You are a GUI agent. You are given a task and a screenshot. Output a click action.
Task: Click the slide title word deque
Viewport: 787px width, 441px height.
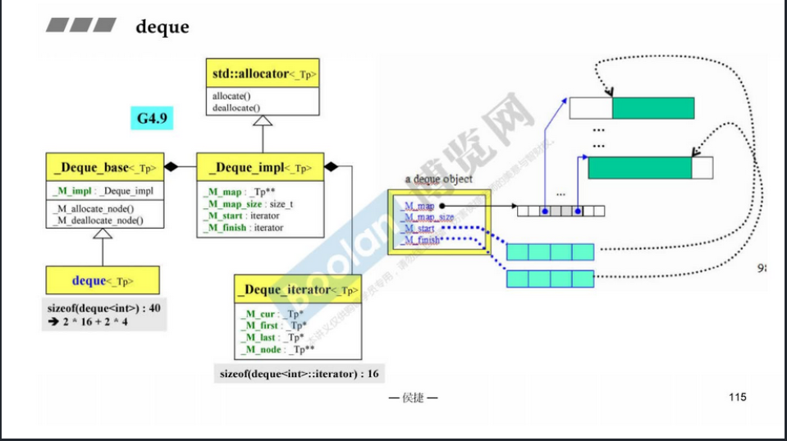coord(162,27)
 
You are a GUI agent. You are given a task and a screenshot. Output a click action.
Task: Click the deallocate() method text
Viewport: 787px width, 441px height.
coord(236,107)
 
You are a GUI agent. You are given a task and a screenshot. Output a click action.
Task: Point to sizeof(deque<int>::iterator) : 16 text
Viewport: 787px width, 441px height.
coord(299,374)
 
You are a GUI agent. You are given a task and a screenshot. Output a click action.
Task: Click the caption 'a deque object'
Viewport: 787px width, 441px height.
coord(439,180)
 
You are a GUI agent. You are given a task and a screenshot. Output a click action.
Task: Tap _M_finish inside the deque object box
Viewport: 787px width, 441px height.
coord(420,241)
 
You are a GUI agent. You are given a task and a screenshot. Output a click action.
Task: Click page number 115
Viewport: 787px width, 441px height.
coord(737,398)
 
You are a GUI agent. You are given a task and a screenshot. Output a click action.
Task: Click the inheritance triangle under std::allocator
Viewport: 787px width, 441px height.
coord(261,121)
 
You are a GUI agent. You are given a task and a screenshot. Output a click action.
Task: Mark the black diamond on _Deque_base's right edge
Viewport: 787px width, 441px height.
coord(172,167)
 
